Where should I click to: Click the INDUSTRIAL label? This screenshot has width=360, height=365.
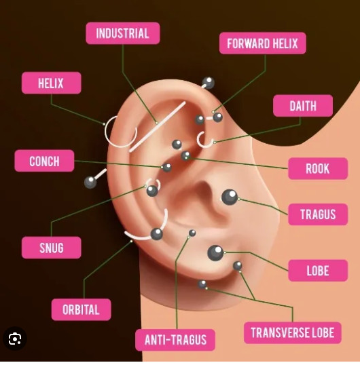coord(123,33)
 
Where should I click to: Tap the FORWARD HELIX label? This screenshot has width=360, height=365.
coord(263,43)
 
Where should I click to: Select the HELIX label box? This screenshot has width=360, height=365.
coord(51,83)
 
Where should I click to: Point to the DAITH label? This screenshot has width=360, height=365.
coord(303,106)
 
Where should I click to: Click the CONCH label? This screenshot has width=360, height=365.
coord(44,161)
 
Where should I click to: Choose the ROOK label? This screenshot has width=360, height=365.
coord(318,168)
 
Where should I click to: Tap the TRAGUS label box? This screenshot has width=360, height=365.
coord(318,214)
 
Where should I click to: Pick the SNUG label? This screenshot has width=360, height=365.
coord(51,248)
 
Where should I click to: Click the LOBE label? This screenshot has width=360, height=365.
coord(318,271)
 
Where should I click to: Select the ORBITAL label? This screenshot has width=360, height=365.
coord(81,309)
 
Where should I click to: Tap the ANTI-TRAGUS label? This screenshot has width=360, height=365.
coord(175,340)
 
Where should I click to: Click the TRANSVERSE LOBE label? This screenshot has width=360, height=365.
coord(293,332)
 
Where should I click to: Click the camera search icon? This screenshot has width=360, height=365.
coord(15,339)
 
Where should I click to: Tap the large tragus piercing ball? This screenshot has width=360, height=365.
coord(230,197)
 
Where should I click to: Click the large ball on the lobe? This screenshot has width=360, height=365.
coord(215,253)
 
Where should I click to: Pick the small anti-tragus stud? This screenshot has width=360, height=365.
coord(192,233)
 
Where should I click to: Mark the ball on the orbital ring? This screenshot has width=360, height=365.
coord(157,234)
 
